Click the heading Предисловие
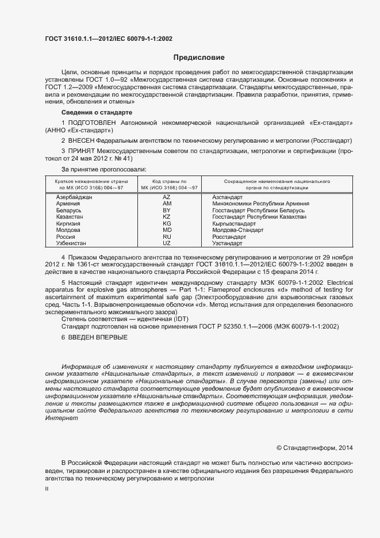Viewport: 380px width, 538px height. coord(199,58)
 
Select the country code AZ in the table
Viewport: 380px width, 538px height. coord(167,197)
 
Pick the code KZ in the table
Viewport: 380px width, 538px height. coord(167,216)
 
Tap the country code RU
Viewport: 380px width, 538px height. coord(167,236)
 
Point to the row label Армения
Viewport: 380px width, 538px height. coord(68,204)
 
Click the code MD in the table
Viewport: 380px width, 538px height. coord(167,230)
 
